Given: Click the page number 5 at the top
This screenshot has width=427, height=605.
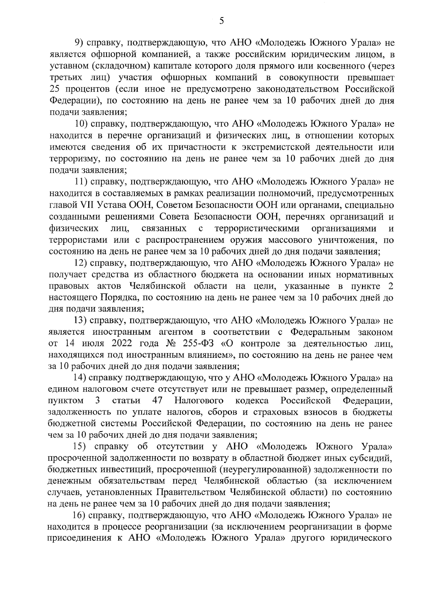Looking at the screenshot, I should point(221,21).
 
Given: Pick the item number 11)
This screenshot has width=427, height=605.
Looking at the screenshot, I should point(81,182).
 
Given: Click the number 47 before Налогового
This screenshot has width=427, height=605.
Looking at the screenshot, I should point(158,401).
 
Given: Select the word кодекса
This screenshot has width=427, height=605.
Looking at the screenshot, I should point(252,401).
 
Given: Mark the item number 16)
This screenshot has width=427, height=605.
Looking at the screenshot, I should point(80,516).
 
